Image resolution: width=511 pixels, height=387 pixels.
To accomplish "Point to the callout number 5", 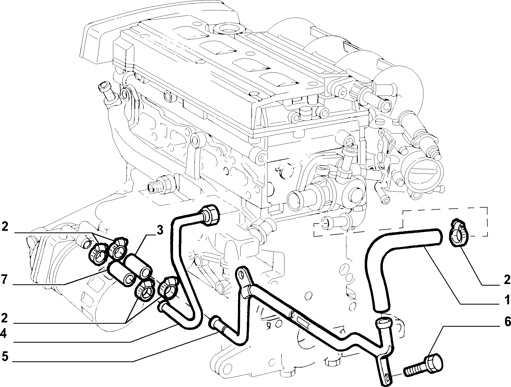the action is [x=4, y=357].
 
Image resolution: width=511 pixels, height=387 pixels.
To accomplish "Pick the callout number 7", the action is [x=4, y=280].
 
